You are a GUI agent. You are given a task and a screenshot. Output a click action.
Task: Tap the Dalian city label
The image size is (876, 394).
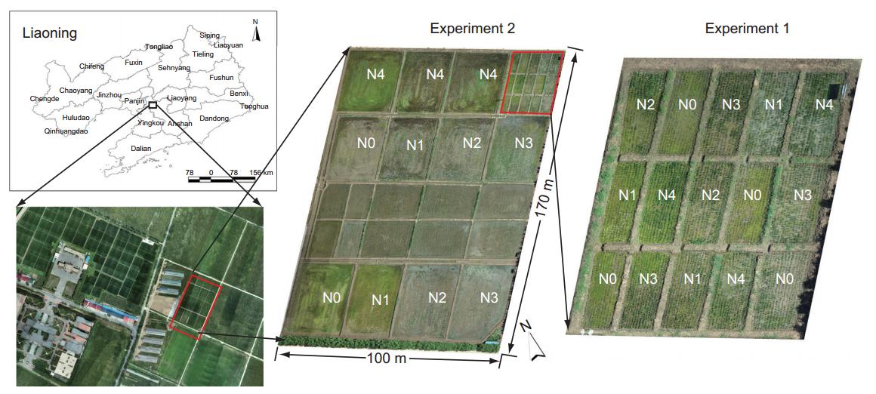pos(141,149)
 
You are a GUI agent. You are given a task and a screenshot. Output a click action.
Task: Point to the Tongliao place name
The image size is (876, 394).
pos(159,47)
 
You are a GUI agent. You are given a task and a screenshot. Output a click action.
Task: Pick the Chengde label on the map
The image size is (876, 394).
pos(44,98)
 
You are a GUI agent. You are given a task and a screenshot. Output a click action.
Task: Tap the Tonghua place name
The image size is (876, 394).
pos(254,106)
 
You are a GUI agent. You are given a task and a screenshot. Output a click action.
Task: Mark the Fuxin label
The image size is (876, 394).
pos(133,63)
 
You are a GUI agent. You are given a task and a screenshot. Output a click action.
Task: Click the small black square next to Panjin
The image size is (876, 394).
pos(153,105)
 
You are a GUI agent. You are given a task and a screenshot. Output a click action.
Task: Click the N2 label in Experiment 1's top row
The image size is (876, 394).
pos(645,104)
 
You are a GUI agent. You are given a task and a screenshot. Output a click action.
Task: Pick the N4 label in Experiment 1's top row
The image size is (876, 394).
pos(824,104)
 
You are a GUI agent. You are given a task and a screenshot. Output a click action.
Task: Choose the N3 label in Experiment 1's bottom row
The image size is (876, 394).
pos(649,279)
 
